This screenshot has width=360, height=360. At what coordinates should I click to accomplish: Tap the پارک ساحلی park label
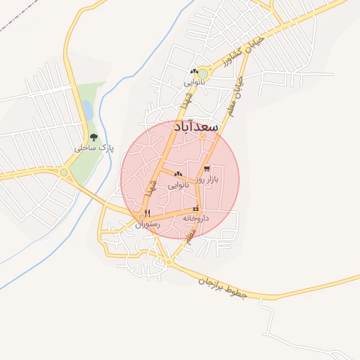[x=94, y=148]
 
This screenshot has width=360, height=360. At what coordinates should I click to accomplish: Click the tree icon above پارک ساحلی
[x=94, y=138]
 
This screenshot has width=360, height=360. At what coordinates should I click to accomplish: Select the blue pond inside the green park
[x=87, y=110]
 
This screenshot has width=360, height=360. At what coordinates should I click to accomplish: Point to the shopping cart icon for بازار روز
[x=207, y=169]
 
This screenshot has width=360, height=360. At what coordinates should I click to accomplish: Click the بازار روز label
[x=207, y=179]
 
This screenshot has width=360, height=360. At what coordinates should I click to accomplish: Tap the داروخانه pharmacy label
[x=196, y=219]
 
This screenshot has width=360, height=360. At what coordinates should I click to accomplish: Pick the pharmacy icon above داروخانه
[x=196, y=208]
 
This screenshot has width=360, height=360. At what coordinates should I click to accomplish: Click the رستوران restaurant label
[x=148, y=224]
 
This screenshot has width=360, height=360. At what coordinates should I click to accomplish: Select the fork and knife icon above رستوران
[x=147, y=213]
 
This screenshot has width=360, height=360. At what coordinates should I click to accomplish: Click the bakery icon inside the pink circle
[x=178, y=174]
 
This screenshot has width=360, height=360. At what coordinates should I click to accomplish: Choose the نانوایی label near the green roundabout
[x=194, y=82]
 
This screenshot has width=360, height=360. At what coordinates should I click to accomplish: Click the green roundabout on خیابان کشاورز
[x=203, y=72]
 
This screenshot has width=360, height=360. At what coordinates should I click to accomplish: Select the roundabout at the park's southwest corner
[x=64, y=172]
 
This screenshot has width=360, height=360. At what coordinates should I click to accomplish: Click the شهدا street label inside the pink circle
[x=149, y=187]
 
